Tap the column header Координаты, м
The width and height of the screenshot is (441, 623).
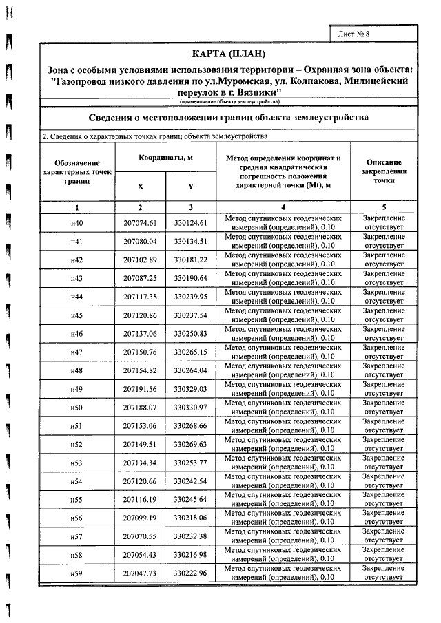coord(166,158)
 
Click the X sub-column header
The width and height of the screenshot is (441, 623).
coord(141,187)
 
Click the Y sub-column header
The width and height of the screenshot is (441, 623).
coord(191,187)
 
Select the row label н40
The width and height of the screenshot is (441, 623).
coord(77,223)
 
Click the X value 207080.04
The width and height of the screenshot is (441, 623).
coord(141,242)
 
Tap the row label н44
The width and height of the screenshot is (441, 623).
coord(77,297)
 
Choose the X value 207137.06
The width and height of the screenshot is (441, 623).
coord(141,334)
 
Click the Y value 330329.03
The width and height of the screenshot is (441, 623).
coord(191,390)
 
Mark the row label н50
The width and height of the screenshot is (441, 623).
coord(77,408)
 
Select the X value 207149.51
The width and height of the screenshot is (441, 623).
coord(141,445)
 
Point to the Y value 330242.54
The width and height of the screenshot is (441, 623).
coord(191,482)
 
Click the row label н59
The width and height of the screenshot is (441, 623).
coord(77,574)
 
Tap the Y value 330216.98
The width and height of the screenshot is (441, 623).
coord(191,556)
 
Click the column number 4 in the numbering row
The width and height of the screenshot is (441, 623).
coord(283,207)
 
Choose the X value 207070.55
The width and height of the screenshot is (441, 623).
coord(141,537)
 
